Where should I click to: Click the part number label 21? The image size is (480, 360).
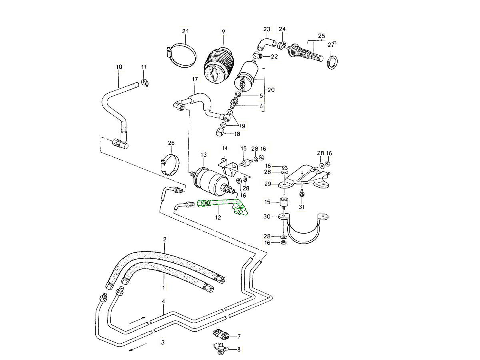[x=185, y=32]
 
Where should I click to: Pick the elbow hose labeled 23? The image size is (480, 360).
[x=264, y=42]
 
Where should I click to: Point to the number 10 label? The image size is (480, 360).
[x=119, y=67]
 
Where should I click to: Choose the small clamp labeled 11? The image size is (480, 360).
[x=145, y=83]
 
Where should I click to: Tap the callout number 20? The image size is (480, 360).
[x=271, y=90]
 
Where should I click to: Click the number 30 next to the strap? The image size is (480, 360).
[x=267, y=216]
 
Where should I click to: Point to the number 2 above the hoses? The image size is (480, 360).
[x=164, y=239]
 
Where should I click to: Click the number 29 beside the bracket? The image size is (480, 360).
[x=268, y=184]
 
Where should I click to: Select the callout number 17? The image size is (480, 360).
[x=195, y=79]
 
